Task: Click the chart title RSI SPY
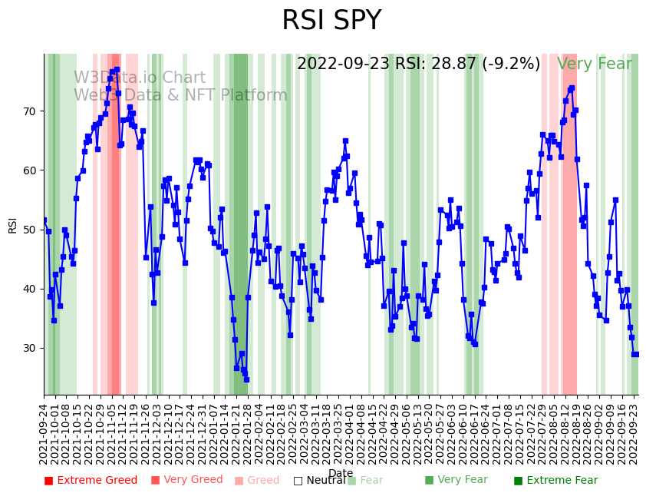click(x=331, y=22)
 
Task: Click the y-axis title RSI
click(x=12, y=224)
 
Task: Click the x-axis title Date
click(x=341, y=474)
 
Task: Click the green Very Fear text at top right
click(x=595, y=65)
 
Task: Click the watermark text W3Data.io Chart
click(x=140, y=78)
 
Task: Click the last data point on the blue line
click(x=635, y=354)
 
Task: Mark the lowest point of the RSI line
click(x=246, y=379)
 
